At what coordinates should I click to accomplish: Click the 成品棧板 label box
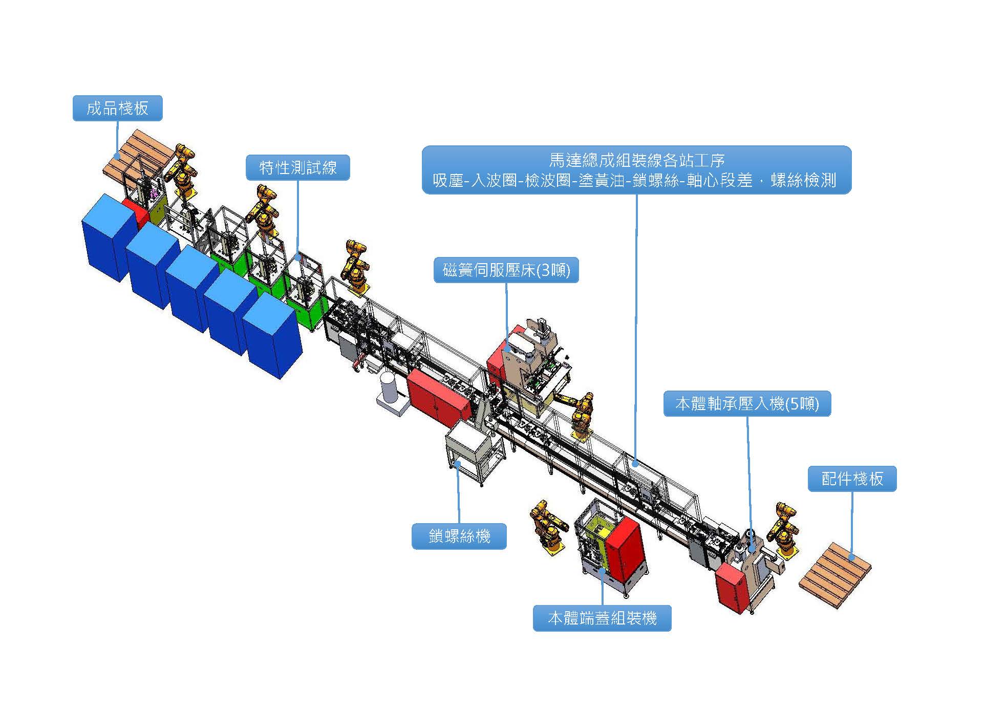click(x=117, y=108)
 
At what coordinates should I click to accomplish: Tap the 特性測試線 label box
click(x=297, y=167)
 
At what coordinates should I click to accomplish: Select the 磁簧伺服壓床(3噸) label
click(x=506, y=270)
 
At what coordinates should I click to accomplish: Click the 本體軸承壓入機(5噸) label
click(x=746, y=404)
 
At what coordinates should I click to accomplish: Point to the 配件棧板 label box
click(x=852, y=479)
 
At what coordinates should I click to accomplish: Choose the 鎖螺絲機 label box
click(x=459, y=536)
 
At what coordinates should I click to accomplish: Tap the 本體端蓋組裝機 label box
click(x=602, y=618)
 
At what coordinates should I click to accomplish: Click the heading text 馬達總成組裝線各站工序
click(x=636, y=160)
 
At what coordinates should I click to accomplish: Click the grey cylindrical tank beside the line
click(x=389, y=387)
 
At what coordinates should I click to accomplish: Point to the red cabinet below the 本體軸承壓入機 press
click(x=732, y=587)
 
